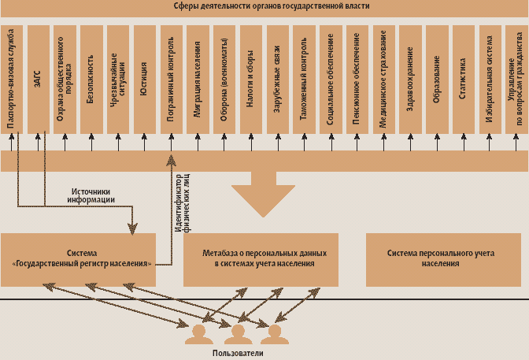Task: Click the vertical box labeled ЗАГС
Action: pyautogui.click(x=39, y=79)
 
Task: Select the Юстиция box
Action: pyautogui.click(x=144, y=79)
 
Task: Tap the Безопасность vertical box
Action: pyautogui.click(x=91, y=79)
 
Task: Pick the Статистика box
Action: pyautogui.click(x=462, y=79)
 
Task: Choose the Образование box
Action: pyautogui.click(x=436, y=79)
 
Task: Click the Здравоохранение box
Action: pyautogui.click(x=409, y=79)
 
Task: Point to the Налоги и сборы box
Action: pyautogui.click(x=250, y=79)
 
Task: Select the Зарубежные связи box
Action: pyautogui.click(x=277, y=79)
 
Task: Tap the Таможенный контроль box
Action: pyautogui.click(x=303, y=79)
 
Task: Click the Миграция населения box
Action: pyautogui.click(x=198, y=79)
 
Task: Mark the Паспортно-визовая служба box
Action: pyautogui.click(x=12, y=79)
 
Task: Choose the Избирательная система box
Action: pyautogui.click(x=489, y=79)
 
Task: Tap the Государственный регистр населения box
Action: pyautogui.click(x=78, y=259)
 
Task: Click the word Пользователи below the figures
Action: pyautogui.click(x=238, y=354)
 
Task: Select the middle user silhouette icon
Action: pyautogui.click(x=237, y=335)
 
